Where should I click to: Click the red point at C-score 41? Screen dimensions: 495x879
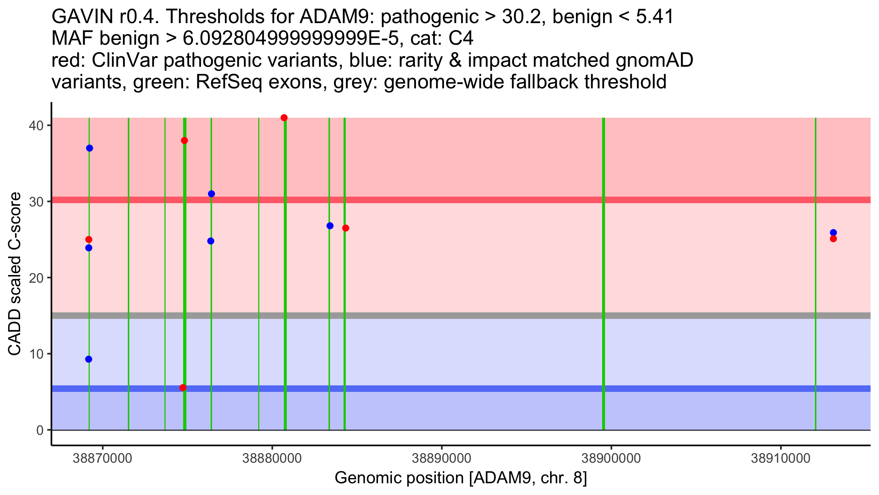tap(284, 118)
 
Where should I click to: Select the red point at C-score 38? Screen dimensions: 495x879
tap(184, 141)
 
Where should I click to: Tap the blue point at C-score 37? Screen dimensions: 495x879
tap(89, 148)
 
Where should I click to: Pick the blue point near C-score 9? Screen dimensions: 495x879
tap(89, 359)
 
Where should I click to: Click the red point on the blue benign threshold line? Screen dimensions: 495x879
tap(183, 388)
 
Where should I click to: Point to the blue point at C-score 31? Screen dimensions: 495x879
tap(211, 194)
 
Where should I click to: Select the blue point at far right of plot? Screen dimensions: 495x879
tap(833, 232)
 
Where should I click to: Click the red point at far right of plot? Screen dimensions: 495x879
tap(833, 239)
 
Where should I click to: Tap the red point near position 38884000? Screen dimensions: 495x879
tap(345, 228)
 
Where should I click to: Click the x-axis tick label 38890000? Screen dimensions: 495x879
tap(442, 458)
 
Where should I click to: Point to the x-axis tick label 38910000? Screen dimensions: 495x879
tap(780, 458)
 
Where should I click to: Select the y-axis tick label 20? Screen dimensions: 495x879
tap(36, 278)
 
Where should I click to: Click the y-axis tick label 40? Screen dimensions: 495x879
tap(36, 125)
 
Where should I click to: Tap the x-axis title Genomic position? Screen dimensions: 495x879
tap(461, 478)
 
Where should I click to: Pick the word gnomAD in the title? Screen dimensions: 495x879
tap(654, 60)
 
